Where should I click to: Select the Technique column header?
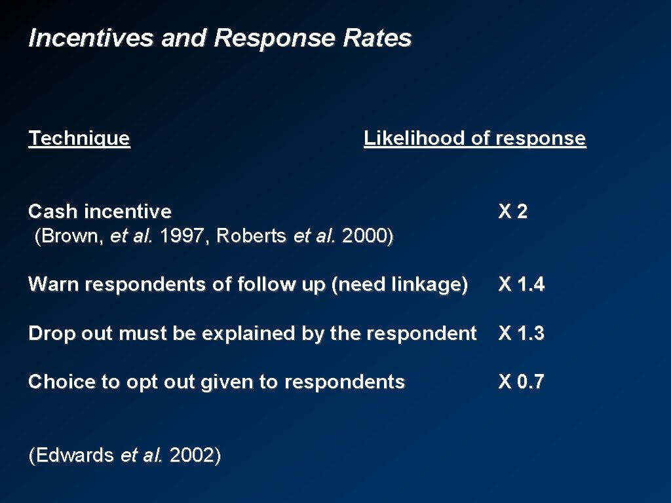click(79, 138)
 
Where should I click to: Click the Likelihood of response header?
click(474, 138)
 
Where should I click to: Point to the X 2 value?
click(513, 212)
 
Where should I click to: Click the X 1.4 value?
click(521, 284)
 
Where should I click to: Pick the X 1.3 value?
click(521, 333)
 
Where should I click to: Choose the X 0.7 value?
click(521, 382)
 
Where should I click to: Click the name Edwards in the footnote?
click(73, 455)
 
